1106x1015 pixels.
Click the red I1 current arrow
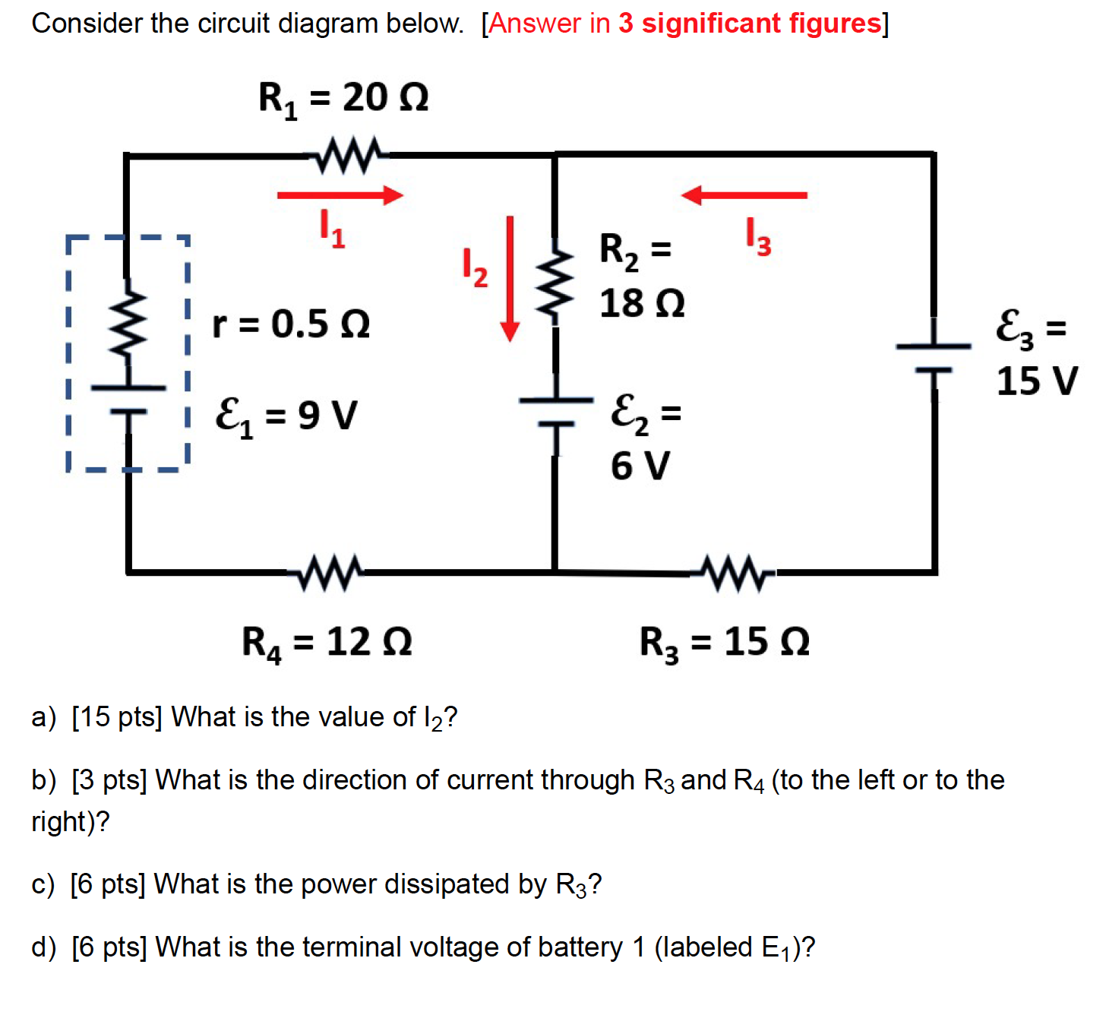click(340, 195)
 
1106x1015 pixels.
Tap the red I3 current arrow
click(744, 195)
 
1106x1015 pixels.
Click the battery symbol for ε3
click(934, 358)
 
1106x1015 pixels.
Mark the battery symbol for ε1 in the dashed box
click(128, 400)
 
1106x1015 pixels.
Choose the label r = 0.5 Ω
click(291, 324)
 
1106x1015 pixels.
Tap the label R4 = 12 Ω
click(327, 642)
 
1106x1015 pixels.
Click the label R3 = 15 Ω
click(725, 642)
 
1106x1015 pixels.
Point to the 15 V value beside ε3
click(1037, 381)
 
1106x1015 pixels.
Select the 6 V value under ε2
click(640, 465)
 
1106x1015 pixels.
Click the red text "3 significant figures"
click(750, 24)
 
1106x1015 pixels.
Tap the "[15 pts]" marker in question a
click(117, 716)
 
